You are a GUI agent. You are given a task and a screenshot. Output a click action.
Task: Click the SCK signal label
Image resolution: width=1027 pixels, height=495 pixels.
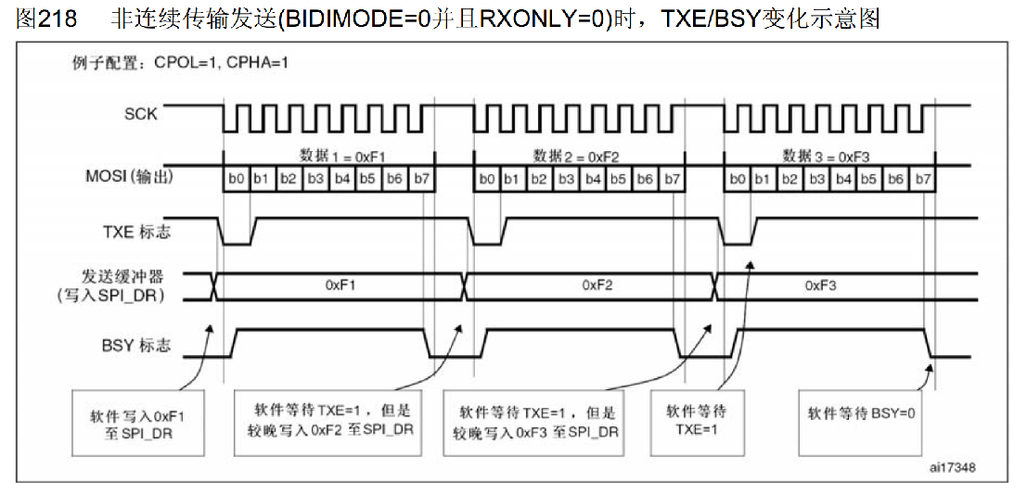[x=140, y=115]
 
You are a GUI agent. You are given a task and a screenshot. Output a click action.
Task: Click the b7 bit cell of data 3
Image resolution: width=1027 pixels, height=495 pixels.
[x=922, y=178]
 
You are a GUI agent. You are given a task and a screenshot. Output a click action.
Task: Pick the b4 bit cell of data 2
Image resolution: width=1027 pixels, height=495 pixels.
[x=592, y=178]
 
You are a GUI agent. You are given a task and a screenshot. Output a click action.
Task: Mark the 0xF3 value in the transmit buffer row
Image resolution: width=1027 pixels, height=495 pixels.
[x=821, y=286]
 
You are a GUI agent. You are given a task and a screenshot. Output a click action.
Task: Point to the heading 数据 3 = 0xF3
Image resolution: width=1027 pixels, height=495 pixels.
[x=825, y=155]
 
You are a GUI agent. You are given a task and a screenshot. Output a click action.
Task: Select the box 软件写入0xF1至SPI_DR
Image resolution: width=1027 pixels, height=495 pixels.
[x=138, y=423]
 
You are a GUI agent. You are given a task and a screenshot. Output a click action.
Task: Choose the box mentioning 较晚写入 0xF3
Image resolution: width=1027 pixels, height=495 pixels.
[x=537, y=422]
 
